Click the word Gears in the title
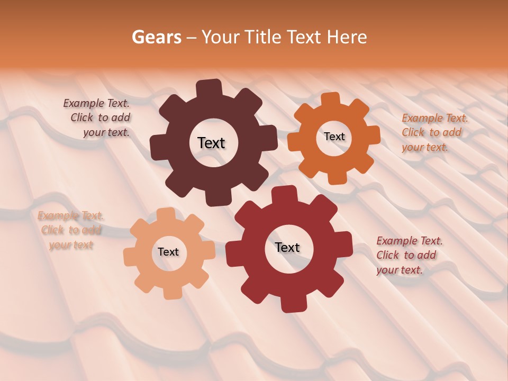[156, 37]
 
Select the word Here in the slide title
[347, 37]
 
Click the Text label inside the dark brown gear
[211, 143]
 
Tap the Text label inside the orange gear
[334, 137]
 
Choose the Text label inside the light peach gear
[168, 252]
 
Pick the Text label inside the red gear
[287, 247]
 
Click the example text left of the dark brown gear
[98, 118]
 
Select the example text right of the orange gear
[433, 132]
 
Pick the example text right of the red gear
[408, 255]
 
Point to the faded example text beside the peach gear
[70, 230]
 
